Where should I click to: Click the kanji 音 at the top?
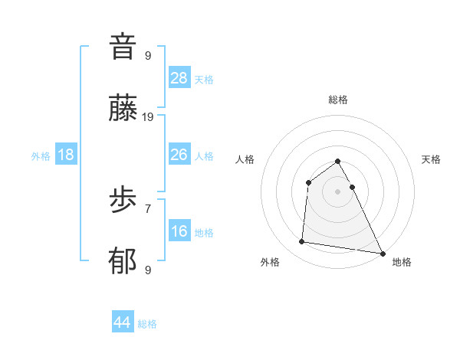[123, 47]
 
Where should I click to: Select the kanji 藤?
[123, 110]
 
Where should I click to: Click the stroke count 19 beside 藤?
[148, 117]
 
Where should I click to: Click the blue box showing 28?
[179, 78]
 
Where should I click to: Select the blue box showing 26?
[179, 155]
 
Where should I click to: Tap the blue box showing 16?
[179, 231]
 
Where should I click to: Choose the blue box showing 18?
[66, 155]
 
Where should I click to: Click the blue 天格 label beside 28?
[204, 80]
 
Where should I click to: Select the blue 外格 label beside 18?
[41, 156]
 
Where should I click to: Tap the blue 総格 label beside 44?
[147, 324]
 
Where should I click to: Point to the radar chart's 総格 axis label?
[338, 100]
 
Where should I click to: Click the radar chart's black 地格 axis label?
[402, 262]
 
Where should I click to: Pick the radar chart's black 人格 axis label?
[245, 159]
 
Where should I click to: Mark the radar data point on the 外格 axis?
[302, 242]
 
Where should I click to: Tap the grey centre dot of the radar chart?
[338, 191]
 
